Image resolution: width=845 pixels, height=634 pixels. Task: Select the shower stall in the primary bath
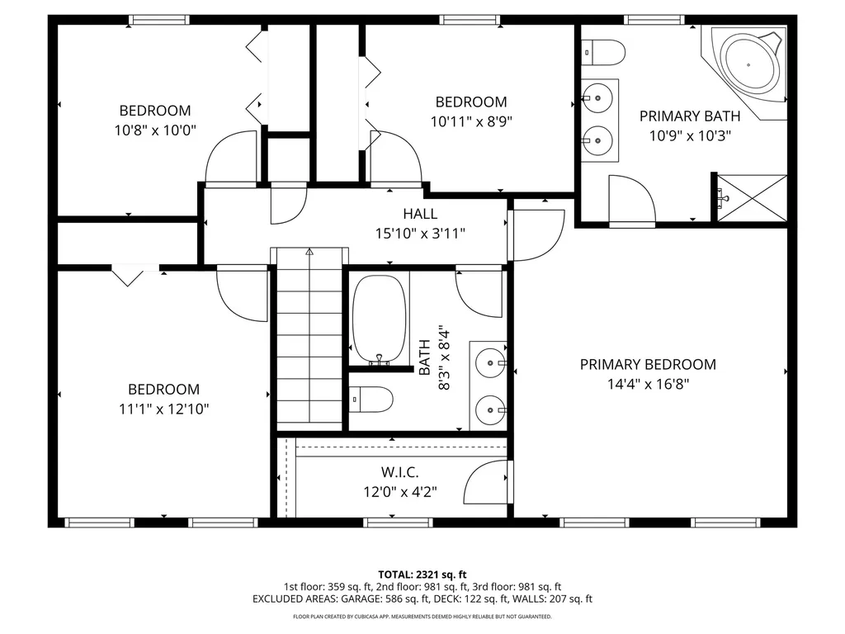point(751,198)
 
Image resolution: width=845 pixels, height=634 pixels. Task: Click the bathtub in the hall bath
point(380,318)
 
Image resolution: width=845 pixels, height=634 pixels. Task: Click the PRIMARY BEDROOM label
point(648,364)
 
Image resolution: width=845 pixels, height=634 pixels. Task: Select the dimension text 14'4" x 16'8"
point(648,383)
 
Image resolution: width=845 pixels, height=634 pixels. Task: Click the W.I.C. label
point(399,472)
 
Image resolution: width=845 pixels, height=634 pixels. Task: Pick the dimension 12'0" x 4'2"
point(399,492)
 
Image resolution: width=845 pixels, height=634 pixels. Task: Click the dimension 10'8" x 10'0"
point(155,130)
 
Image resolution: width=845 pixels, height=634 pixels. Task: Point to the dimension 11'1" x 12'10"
point(163,409)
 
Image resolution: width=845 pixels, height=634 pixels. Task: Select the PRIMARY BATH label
point(690,116)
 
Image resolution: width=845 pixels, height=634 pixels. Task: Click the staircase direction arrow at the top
point(309,252)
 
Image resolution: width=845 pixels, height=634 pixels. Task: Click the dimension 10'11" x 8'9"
point(471,121)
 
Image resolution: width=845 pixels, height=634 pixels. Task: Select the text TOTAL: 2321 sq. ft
point(422,574)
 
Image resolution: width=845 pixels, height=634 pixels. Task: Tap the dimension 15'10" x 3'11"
point(420,234)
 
